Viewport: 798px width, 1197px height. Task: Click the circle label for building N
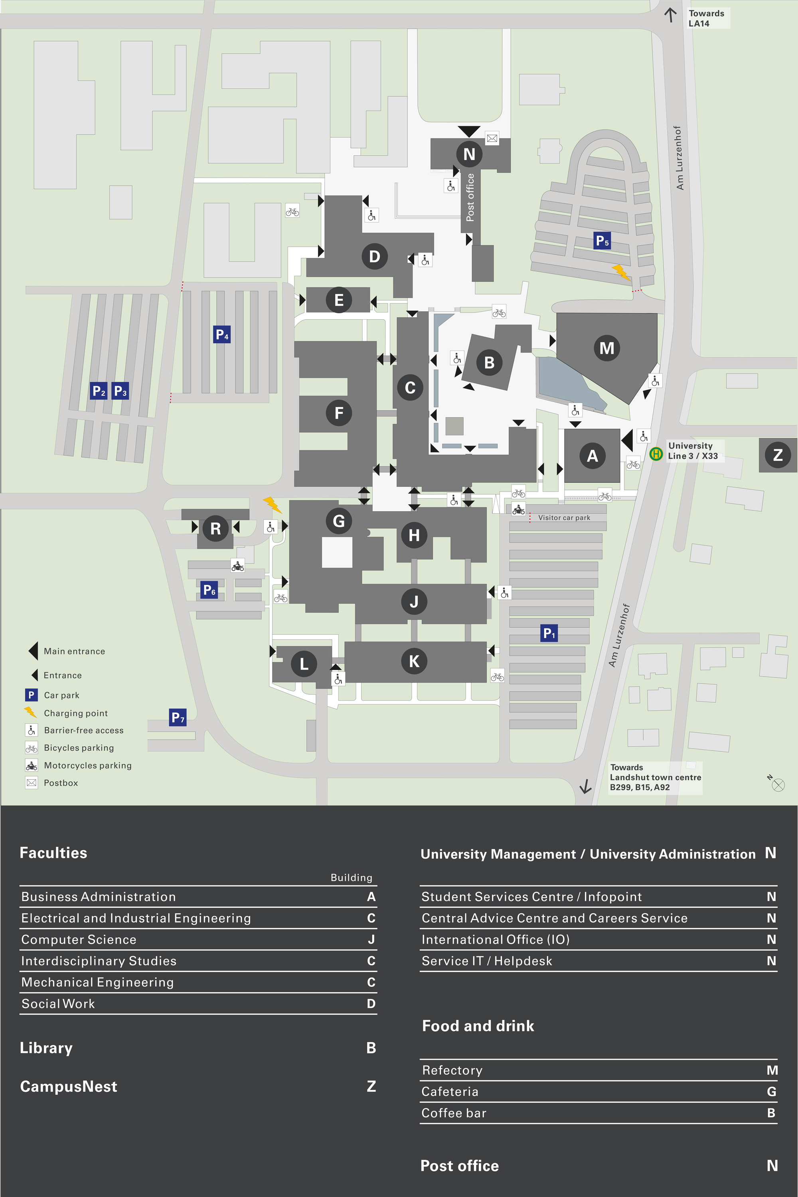pos(469,154)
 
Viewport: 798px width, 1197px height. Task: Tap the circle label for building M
pos(606,348)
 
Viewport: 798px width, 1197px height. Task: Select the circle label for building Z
pos(778,454)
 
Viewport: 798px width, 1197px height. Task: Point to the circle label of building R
pos(215,528)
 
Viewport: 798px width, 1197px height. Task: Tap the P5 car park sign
pos(602,240)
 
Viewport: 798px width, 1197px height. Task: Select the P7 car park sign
pos(178,717)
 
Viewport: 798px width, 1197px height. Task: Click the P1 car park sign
pos(549,633)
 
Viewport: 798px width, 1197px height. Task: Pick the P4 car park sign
pos(222,334)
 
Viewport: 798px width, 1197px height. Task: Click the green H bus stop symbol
pos(656,453)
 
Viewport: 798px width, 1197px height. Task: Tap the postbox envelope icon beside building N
pos(492,138)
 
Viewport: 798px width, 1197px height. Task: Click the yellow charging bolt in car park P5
pos(621,272)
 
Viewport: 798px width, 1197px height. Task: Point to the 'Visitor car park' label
pos(564,518)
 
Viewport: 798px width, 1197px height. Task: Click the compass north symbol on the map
pos(777,784)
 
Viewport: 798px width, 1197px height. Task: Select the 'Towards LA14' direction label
pos(706,18)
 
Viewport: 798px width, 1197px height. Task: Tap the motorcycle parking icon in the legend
pos(32,765)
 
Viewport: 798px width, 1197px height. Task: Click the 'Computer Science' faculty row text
pos(79,940)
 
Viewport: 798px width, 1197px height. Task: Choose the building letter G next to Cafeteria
pos(772,1092)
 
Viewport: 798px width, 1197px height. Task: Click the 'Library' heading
pos(46,1048)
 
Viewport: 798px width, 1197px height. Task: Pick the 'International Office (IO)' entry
pos(495,940)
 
